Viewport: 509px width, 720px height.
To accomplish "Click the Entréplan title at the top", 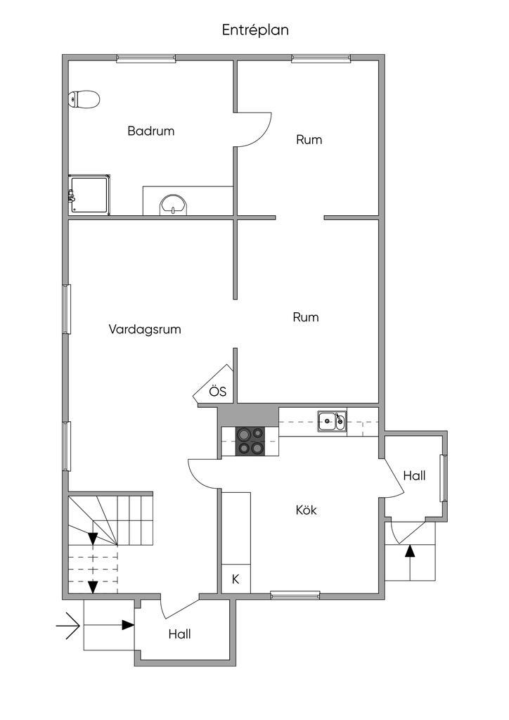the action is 255,30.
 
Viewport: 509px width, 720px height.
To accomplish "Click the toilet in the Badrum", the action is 84,99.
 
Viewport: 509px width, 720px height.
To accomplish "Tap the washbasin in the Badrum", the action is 173,205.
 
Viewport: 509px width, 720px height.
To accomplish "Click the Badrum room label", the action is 150,131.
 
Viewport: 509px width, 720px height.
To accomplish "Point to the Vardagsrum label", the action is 145,328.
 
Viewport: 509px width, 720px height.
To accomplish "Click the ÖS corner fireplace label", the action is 217,392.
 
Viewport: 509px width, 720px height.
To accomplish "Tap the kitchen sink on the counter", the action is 330,422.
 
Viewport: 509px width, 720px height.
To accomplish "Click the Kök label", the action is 306,510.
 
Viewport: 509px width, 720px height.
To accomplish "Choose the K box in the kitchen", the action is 236,580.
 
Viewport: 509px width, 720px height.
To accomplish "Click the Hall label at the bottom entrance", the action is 179,634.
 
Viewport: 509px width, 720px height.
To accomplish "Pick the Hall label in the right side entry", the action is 414,475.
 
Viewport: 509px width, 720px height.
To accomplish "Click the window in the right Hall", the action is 444,478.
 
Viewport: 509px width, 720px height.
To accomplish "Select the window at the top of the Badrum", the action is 146,58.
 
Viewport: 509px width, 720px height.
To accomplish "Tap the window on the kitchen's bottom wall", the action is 295,596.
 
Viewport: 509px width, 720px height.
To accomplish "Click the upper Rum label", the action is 309,140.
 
